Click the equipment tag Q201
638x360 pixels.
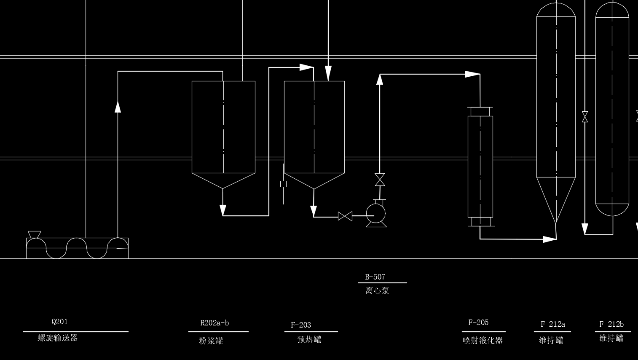coord(59,322)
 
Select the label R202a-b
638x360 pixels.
coord(214,323)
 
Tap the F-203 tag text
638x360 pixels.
coord(301,325)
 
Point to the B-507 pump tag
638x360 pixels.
coord(375,277)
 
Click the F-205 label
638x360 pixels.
coord(478,322)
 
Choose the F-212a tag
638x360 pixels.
coord(553,324)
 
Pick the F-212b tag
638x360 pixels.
coord(611,324)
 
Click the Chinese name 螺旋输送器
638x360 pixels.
coord(58,338)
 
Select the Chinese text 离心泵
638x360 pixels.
coord(377,290)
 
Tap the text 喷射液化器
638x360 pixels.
coord(483,340)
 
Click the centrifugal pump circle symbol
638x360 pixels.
coord(375,213)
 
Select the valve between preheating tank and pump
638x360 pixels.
coord(345,216)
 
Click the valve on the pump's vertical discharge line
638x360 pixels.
coord(380,180)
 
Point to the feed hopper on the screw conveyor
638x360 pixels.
coord(34,234)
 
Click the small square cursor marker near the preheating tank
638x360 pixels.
coord(283,184)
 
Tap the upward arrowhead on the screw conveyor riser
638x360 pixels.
coord(118,106)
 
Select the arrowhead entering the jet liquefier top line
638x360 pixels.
coord(472,74)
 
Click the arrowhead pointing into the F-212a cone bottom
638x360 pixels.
coord(550,239)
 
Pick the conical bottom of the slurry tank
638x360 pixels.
coord(223,180)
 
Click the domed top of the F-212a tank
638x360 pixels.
coord(556,10)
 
